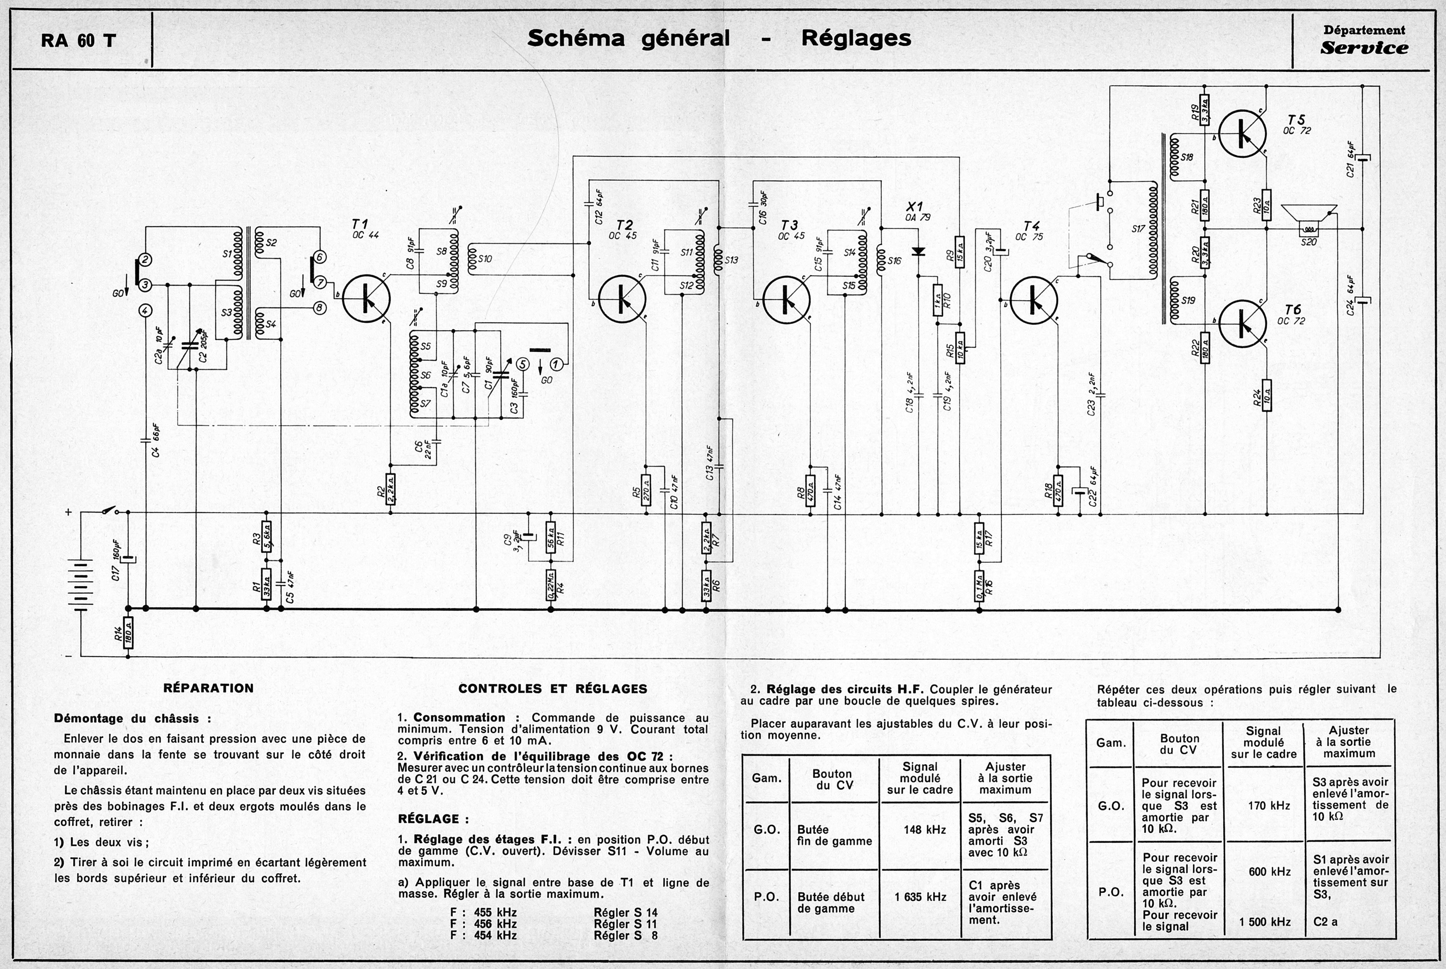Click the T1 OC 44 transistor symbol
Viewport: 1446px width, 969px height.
366,299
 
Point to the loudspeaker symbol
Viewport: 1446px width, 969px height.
1309,220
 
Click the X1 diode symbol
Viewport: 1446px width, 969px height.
919,251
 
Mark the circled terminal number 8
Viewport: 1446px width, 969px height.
320,307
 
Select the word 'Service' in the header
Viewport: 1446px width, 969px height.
1364,48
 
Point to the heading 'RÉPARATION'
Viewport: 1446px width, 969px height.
208,688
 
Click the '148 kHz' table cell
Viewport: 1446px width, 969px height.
924,829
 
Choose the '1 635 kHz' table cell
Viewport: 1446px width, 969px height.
920,897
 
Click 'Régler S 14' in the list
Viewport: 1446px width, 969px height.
625,912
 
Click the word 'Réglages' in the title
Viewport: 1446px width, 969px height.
856,38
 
